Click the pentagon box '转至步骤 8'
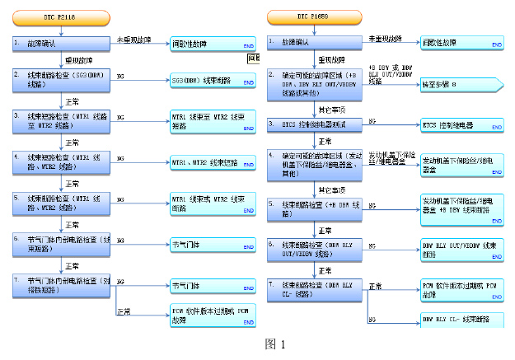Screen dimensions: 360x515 click(x=457, y=84)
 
